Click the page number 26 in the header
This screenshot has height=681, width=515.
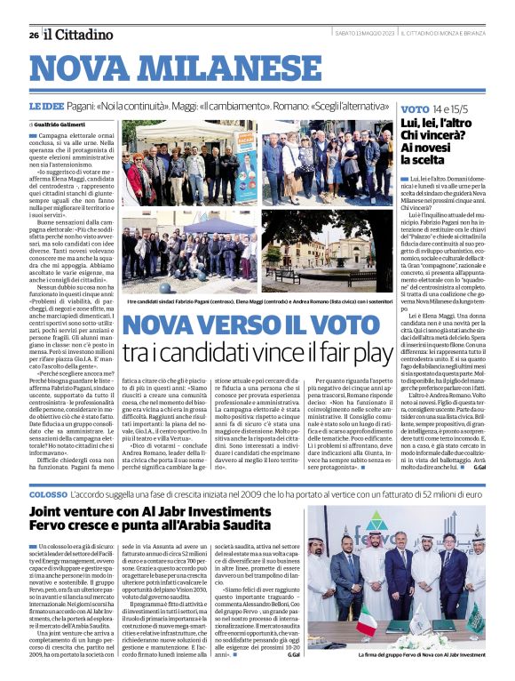[x=33, y=35]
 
